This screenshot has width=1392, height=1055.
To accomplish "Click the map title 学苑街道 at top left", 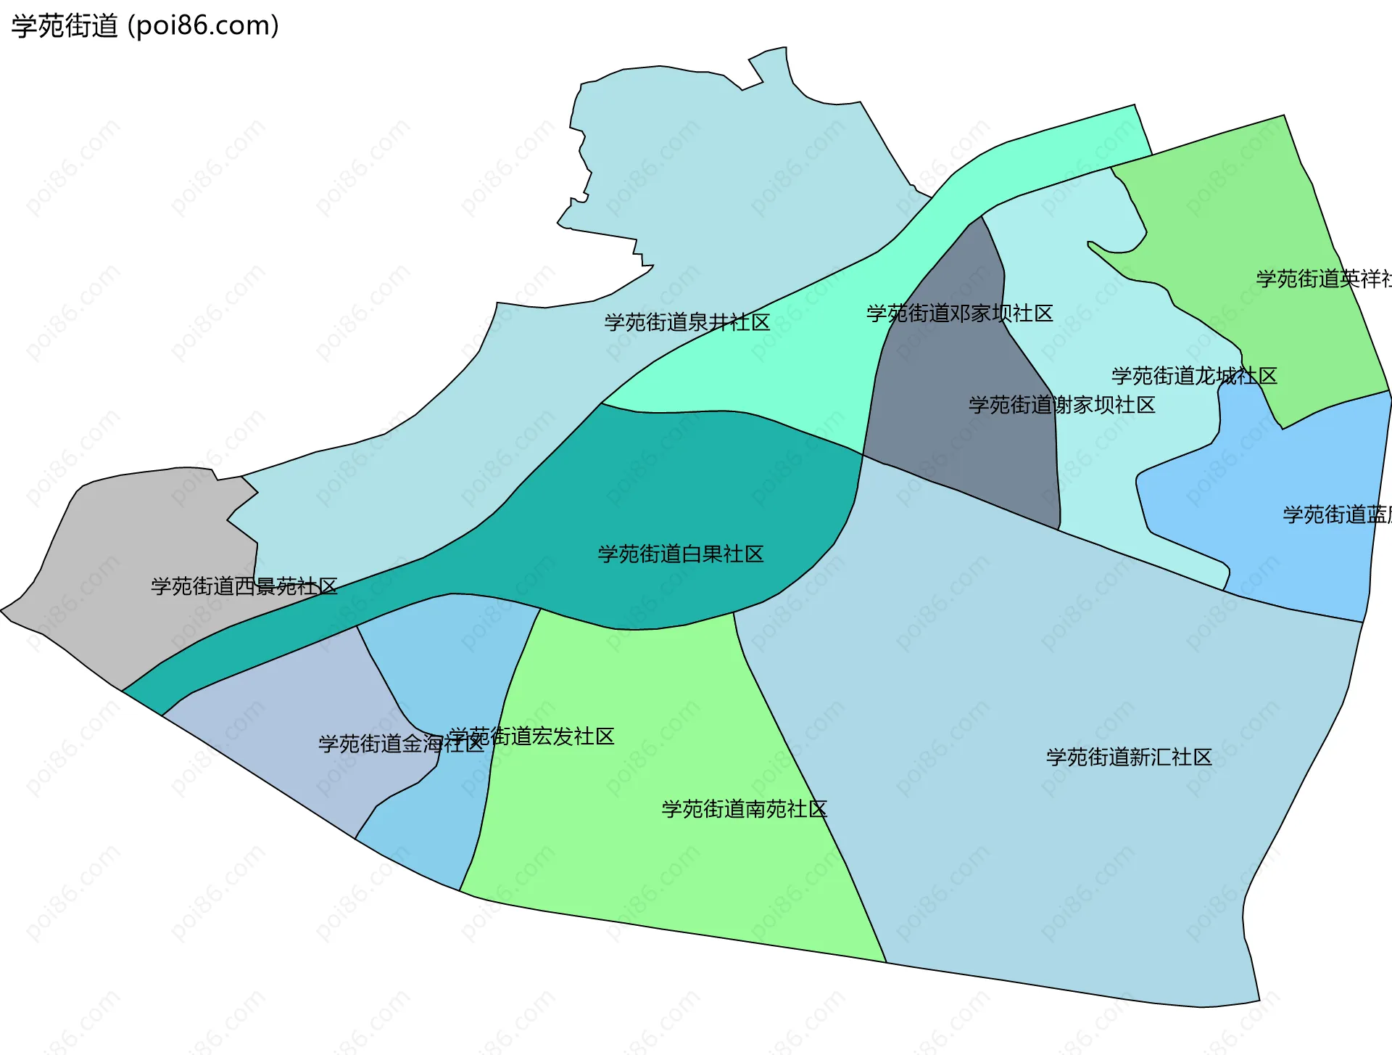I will click(65, 26).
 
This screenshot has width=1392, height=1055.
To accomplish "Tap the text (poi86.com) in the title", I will click(203, 26).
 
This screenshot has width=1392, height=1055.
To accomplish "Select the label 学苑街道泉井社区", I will click(687, 322).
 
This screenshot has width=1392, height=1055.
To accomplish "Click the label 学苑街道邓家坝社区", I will click(959, 313).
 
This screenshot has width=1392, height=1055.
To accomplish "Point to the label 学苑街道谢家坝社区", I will click(1061, 405).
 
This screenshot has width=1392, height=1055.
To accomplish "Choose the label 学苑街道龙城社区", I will click(1193, 376).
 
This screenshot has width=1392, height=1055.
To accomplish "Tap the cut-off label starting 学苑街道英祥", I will click(1323, 279).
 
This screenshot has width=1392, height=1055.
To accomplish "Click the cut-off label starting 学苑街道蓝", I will click(1336, 514).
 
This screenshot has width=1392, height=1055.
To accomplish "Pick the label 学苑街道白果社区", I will click(680, 554).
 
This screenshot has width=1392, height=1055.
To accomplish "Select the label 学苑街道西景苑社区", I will click(244, 586).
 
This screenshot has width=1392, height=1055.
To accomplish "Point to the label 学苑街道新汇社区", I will click(1128, 758).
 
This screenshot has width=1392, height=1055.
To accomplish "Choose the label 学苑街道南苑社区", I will click(744, 809).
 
